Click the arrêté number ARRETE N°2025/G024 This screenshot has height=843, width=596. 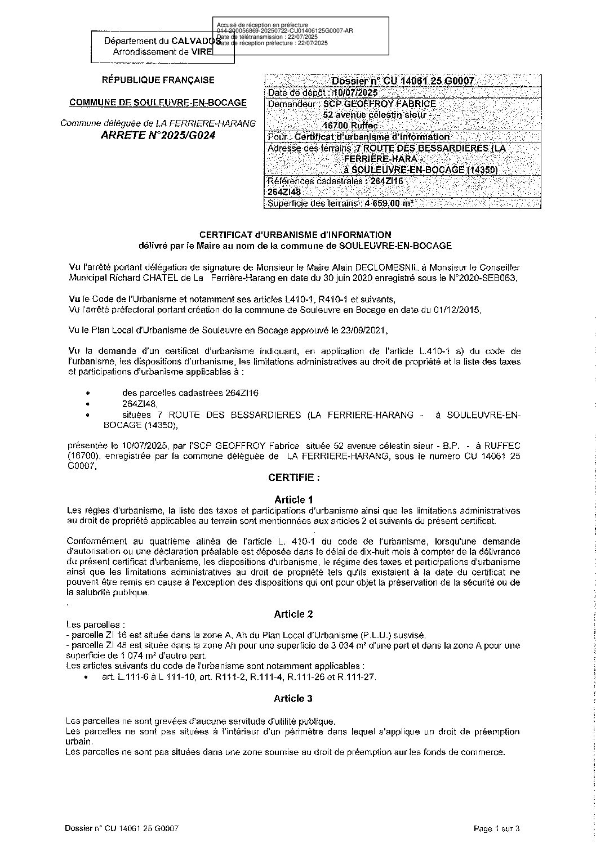(158, 136)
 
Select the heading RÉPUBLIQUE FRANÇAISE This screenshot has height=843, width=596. (158, 81)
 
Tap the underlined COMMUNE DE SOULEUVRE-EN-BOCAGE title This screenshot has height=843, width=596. (158, 102)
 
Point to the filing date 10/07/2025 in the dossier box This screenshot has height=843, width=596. (355, 92)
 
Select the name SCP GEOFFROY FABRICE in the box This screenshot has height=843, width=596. (380, 104)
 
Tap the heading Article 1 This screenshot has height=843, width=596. (293, 499)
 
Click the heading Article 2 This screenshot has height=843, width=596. (293, 613)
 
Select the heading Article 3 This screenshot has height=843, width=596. (293, 698)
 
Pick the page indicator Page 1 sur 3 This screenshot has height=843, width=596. (496, 828)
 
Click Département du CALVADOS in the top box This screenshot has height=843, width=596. (161, 41)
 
